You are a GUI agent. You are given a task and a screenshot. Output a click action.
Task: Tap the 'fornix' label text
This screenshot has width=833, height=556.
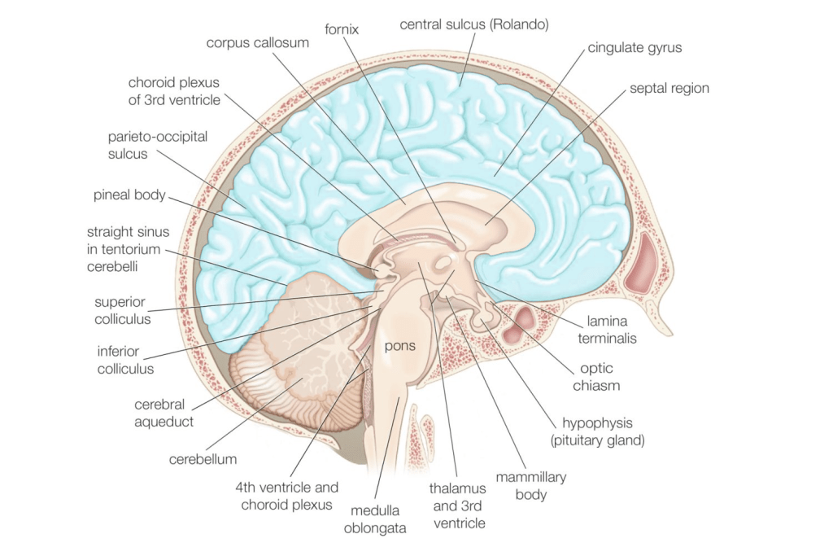pos(341,29)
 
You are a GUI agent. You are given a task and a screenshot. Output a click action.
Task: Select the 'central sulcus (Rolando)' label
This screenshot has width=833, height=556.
pos(474,24)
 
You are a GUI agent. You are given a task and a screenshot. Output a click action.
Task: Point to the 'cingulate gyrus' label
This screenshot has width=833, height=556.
pos(635,48)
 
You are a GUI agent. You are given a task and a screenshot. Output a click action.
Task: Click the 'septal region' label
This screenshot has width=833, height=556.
pos(669,88)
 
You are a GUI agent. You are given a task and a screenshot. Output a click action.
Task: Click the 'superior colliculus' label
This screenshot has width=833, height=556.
pos(122,310)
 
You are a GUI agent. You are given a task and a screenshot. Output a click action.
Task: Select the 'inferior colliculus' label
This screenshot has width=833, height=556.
pos(124,360)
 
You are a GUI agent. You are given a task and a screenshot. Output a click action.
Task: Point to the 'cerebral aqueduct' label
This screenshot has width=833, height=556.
pos(159,412)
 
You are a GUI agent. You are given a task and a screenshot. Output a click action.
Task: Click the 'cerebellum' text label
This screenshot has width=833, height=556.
pos(203,459)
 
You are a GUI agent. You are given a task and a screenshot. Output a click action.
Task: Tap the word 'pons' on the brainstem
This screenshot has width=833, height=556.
pos(400,346)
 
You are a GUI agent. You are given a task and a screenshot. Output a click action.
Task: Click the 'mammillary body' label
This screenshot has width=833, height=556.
pos(531,485)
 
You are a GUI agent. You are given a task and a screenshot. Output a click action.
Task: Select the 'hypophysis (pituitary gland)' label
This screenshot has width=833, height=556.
pos(603,431)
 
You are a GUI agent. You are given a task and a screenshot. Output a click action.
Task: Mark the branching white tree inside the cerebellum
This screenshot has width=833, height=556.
pos(313,322)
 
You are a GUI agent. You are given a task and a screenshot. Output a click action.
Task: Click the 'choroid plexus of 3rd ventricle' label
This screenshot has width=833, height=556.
pos(173,90)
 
